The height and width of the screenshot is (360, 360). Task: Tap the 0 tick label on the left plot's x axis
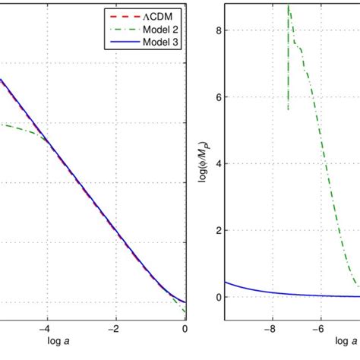point(185,329)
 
